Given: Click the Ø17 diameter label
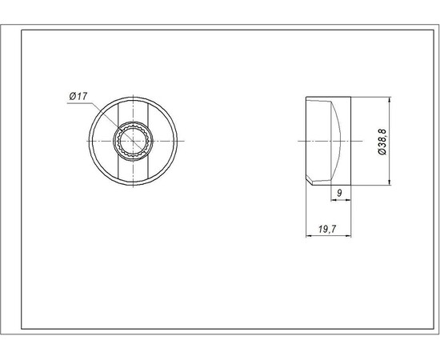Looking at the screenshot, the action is pyautogui.click(x=78, y=96).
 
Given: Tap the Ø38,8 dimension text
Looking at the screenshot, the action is pyautogui.click(x=382, y=142).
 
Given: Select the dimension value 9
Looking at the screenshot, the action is pyautogui.click(x=339, y=193).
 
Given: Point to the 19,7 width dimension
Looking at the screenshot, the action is pyautogui.click(x=327, y=230).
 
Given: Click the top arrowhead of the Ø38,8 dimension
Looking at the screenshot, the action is pyautogui.click(x=390, y=100).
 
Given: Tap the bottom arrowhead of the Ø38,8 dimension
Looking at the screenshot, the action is pyautogui.click(x=390, y=182).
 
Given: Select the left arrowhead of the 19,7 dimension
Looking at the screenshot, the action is pyautogui.click(x=309, y=236).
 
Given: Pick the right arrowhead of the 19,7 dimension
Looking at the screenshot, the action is pyautogui.click(x=348, y=236).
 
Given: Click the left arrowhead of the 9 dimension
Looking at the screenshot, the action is pyautogui.click(x=334, y=200).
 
